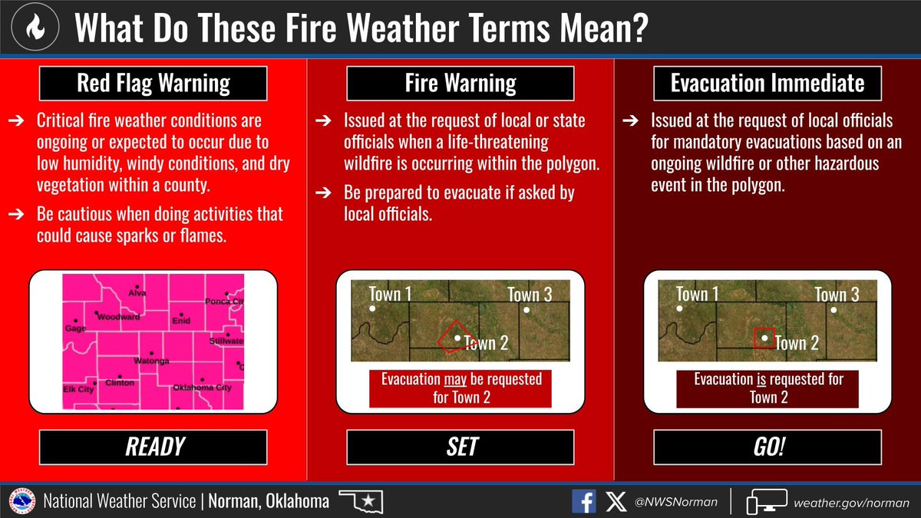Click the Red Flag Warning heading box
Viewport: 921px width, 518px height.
153,84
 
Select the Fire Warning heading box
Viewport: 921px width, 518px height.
460,84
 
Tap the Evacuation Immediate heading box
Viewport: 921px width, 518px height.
767,84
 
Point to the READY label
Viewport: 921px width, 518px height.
153,447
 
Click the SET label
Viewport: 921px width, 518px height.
460,447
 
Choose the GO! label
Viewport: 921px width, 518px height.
767,447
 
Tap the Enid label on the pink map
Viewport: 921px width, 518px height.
180,322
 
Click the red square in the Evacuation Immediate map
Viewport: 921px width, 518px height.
763,338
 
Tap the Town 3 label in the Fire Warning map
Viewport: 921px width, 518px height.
530,295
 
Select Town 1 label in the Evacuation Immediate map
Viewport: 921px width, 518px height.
697,295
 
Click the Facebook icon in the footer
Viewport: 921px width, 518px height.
583,502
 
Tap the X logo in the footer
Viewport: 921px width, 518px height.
616,502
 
